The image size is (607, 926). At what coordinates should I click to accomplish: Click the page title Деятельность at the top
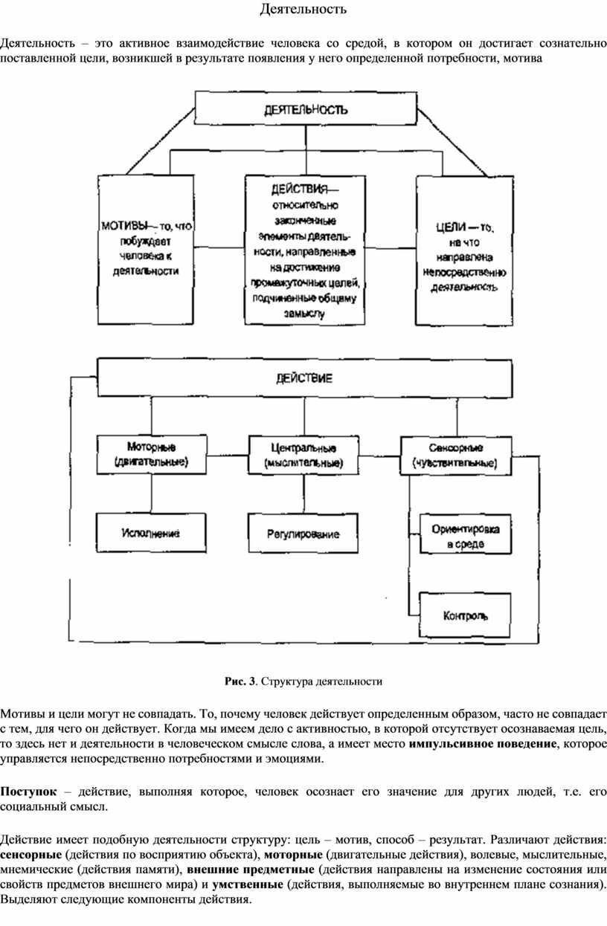point(303,10)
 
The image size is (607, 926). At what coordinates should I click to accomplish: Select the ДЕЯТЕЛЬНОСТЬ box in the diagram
point(305,109)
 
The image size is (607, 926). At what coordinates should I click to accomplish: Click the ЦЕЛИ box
point(465,250)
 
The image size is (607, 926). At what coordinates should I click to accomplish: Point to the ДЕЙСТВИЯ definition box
point(305,249)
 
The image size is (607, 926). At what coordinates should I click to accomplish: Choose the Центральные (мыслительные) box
point(303,455)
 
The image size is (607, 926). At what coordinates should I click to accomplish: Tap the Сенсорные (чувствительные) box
point(456,455)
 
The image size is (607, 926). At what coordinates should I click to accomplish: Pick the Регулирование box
point(303,534)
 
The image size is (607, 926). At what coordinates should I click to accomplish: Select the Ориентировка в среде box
point(465,537)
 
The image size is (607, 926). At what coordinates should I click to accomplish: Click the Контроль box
point(465,615)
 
